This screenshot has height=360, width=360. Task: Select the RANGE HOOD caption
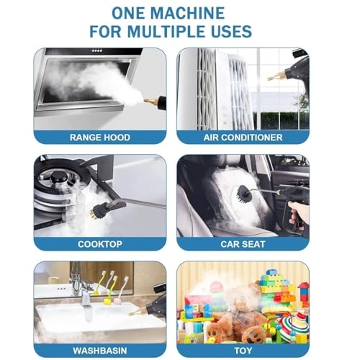coord(100,138)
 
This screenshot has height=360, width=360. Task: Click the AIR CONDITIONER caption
coord(243,138)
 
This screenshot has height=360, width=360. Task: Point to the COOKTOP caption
coord(100,244)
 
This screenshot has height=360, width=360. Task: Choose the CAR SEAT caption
coord(243,244)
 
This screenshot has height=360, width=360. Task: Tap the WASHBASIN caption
coord(100,351)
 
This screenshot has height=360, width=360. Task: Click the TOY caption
coord(243,351)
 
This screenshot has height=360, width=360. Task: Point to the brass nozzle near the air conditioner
coord(276,76)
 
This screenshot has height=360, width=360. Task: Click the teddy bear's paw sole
coord(251,334)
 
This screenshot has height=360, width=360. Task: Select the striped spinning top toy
coord(292,326)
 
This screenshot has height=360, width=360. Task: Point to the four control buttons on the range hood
coord(97,50)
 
